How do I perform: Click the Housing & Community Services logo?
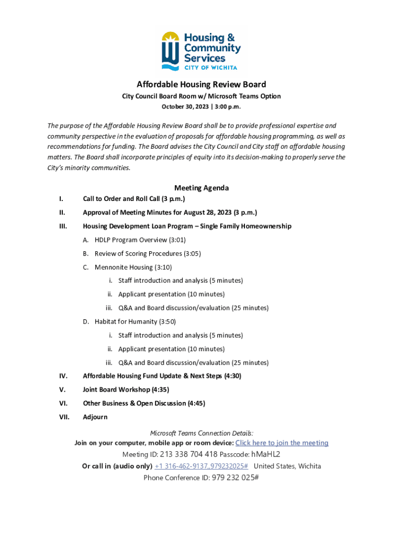pos(201,51)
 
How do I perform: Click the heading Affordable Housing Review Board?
pos(201,84)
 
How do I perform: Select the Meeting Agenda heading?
pos(201,188)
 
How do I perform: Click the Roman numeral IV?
pos(63,376)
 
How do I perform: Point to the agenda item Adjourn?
pos(95,417)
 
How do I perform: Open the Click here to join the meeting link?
pos(282,443)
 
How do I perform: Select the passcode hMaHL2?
pos(266,454)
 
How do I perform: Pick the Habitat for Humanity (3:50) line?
pos(135,321)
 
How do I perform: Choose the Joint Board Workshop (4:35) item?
pos(126,389)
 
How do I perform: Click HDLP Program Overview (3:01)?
pos(140,240)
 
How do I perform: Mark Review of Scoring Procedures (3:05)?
pos(148,253)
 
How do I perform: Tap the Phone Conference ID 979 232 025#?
pos(235,477)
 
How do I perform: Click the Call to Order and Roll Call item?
pos(134,199)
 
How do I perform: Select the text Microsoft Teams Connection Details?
pos(201,433)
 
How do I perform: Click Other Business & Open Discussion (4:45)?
pos(144,403)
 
